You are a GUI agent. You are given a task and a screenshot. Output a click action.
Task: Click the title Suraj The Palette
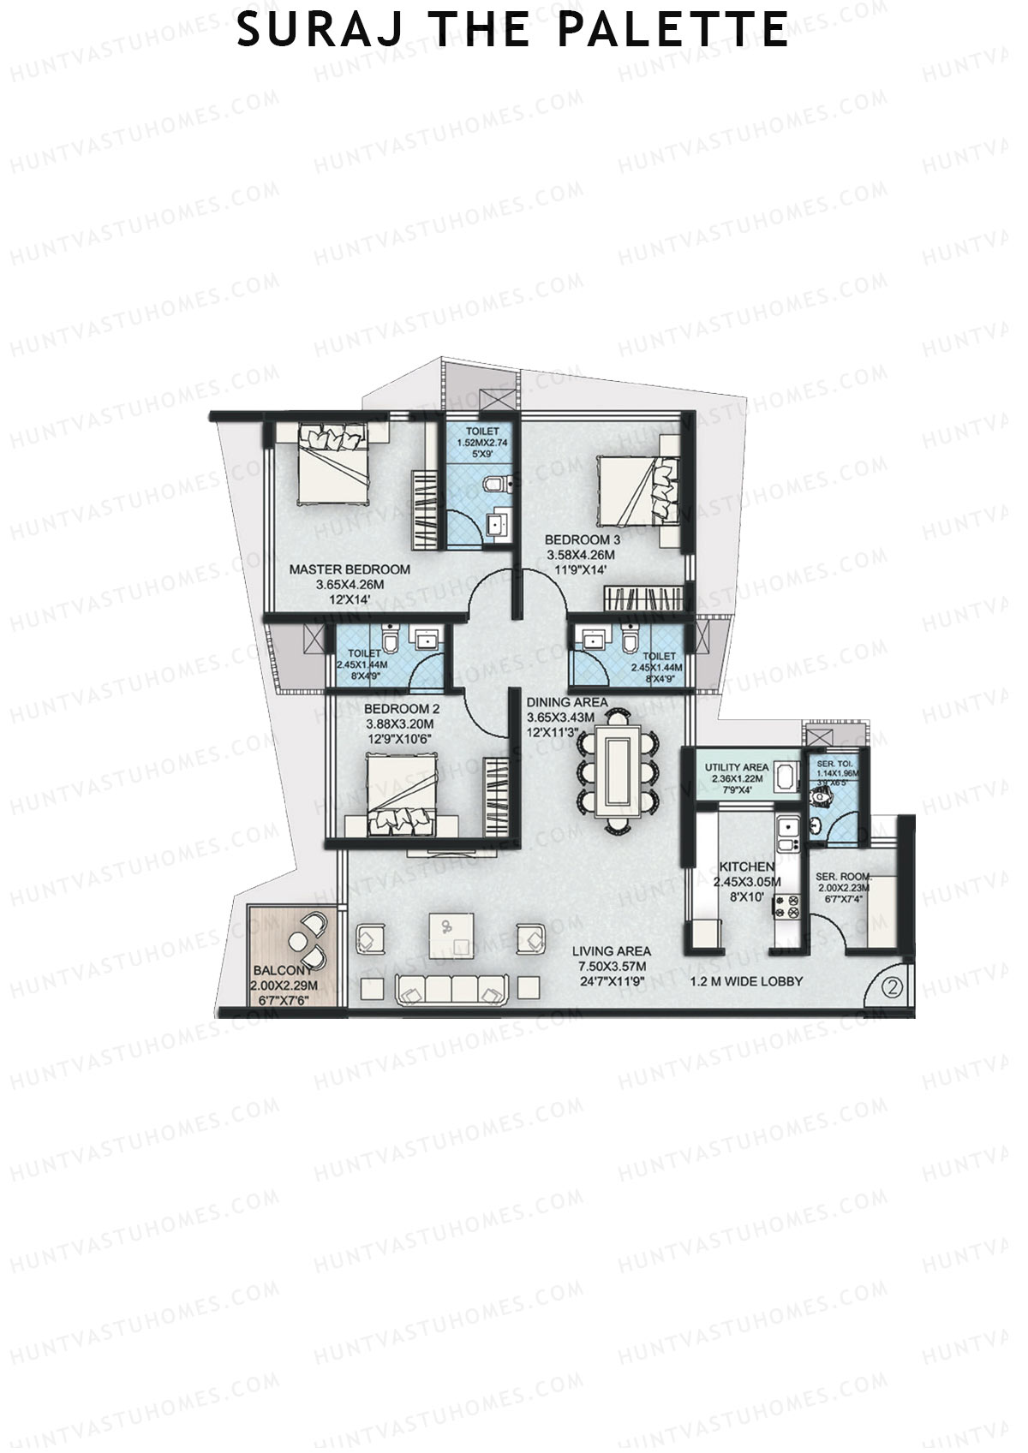pyautogui.click(x=512, y=30)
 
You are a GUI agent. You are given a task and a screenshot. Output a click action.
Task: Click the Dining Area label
pyautogui.click(x=566, y=702)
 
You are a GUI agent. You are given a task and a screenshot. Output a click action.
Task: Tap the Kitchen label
pyautogui.click(x=746, y=867)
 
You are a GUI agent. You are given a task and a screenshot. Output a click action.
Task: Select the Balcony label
pyautogui.click(x=283, y=971)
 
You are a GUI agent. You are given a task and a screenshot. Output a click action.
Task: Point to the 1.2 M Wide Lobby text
pyautogui.click(x=746, y=981)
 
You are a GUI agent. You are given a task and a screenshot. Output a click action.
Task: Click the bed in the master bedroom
pyautogui.click(x=333, y=471)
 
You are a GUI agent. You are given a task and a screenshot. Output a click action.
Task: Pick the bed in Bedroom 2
pyautogui.click(x=403, y=792)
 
